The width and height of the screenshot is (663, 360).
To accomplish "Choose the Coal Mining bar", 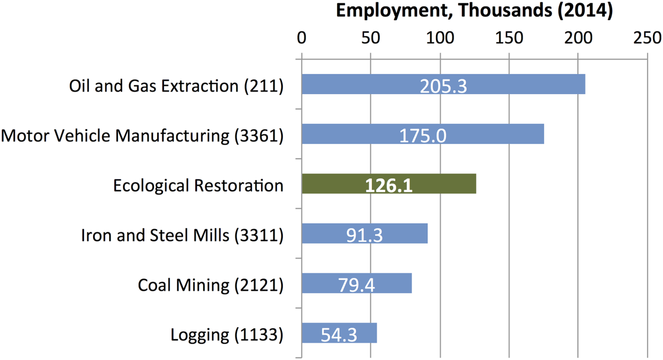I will (317, 283).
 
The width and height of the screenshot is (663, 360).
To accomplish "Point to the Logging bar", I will (312, 333).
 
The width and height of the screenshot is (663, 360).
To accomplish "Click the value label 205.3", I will (443, 86).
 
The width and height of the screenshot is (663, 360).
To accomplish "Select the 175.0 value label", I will (423, 136).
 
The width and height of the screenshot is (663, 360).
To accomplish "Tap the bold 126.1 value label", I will (389, 185).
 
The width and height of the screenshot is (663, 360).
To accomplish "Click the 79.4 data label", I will (357, 285).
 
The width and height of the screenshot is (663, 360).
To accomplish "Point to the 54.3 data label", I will (339, 335).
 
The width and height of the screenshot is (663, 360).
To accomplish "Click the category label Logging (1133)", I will (227, 335).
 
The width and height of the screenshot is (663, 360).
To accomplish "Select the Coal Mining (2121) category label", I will (211, 285).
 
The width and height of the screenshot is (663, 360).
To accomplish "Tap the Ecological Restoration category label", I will (198, 185).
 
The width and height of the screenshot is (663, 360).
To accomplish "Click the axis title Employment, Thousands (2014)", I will (474, 12).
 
